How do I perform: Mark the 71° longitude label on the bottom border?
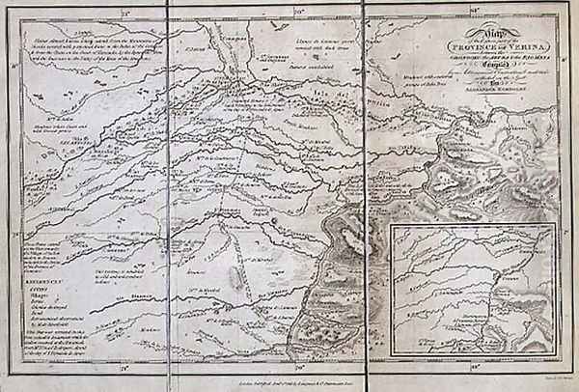pyautogui.click(x=124, y=370)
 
